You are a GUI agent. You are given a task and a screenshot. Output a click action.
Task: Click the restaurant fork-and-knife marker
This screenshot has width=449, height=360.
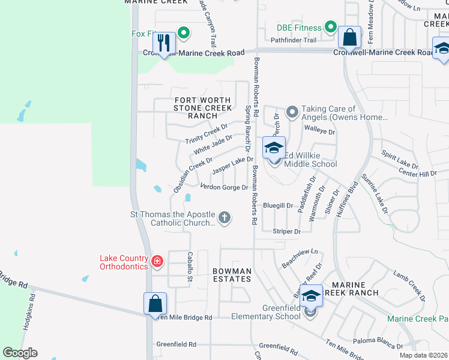pyautogui.click(x=164, y=43)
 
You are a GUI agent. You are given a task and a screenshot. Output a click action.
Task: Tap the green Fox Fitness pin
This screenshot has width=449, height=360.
pyautogui.click(x=184, y=33)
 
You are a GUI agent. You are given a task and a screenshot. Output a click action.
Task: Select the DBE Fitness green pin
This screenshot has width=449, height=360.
pyautogui.click(x=330, y=26)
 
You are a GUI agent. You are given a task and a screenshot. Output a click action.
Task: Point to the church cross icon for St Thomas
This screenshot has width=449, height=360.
pyautogui.click(x=224, y=217)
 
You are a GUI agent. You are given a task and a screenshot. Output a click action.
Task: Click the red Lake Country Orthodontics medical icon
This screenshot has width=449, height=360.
pyautogui.click(x=157, y=261)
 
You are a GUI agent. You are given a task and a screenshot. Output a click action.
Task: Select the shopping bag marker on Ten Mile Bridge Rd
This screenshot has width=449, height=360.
pyautogui.click(x=155, y=304)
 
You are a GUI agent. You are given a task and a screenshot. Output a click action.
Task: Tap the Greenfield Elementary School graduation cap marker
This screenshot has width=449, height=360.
pyautogui.click(x=310, y=296)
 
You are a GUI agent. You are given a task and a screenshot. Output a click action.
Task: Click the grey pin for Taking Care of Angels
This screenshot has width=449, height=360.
pyautogui.click(x=292, y=112)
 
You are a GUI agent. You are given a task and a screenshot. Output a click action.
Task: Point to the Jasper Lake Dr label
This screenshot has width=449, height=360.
pyautogui.click(x=233, y=164)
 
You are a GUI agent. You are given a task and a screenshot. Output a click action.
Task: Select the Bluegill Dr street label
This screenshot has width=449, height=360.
pyautogui.click(x=277, y=205)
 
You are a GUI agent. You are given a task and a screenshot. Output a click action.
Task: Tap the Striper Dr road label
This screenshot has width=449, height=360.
pyautogui.click(x=286, y=231)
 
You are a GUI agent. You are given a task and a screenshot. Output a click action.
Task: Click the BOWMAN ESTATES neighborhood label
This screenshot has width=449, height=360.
pyautogui.click(x=232, y=275)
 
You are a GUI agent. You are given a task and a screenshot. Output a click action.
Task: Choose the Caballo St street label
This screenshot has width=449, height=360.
pyautogui.click(x=189, y=267)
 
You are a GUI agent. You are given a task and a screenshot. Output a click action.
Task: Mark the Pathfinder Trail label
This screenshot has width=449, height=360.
pyautogui.click(x=293, y=40)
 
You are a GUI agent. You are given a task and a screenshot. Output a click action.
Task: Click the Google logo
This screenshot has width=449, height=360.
pyautogui.click(x=20, y=353)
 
